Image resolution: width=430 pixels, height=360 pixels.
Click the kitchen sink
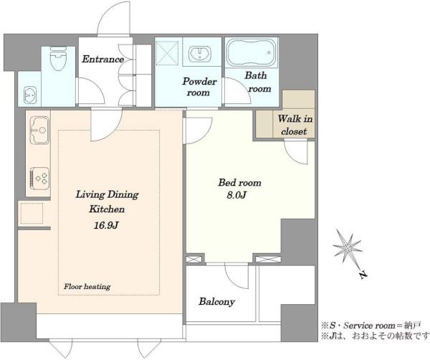[39, 130]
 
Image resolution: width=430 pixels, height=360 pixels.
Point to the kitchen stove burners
[39, 179]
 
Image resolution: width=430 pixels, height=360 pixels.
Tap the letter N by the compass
[363, 275]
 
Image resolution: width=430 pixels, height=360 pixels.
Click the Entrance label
[102, 60]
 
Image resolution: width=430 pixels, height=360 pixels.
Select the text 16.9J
[106, 225]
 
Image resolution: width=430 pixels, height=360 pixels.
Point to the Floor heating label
[87, 287]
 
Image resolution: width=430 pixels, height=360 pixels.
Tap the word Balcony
[217, 302]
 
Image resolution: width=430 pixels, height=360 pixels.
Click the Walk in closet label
[295, 125]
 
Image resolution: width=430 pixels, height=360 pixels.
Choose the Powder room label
[199, 87]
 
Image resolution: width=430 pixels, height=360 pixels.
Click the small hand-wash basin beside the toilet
[29, 95]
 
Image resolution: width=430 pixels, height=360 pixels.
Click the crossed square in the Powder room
[167, 53]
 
